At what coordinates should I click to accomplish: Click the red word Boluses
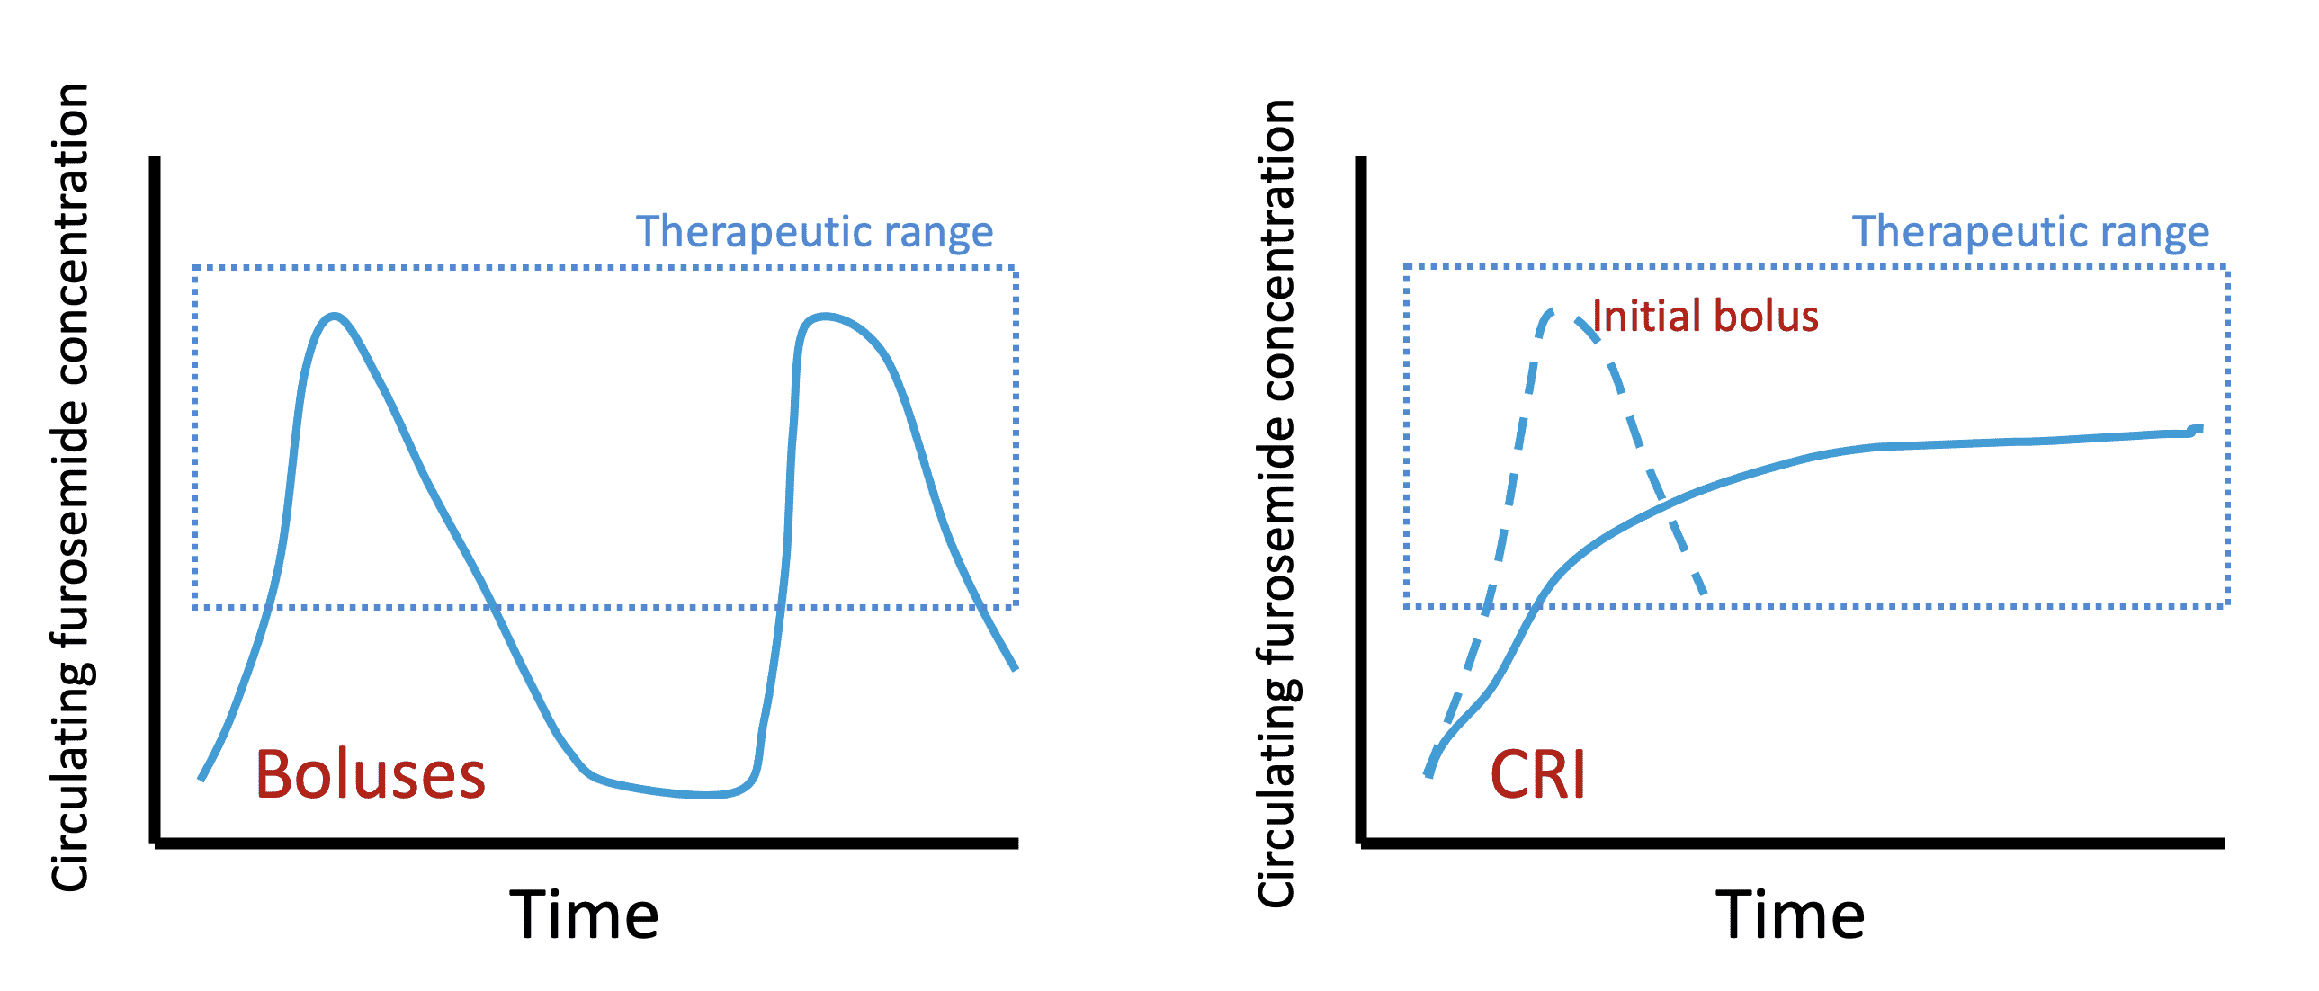370,775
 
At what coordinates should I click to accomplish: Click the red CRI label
1536,775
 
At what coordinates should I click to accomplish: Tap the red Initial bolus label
1705,317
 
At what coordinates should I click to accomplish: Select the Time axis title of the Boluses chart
584,915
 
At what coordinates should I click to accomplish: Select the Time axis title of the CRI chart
1790,915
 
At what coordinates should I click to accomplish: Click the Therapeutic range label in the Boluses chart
814,232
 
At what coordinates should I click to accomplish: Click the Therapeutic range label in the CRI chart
2030,232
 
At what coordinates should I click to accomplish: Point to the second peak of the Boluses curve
824,316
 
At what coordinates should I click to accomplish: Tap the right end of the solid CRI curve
2199,428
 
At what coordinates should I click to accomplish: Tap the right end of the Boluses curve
1016,669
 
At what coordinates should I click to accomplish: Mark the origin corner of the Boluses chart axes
155,844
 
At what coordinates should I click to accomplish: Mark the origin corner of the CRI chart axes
1361,844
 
